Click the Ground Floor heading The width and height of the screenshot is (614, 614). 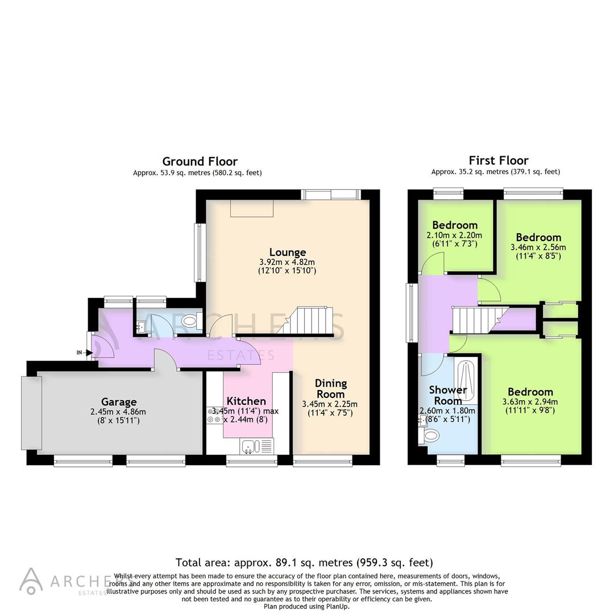(200, 161)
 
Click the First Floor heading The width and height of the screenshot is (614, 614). (498, 160)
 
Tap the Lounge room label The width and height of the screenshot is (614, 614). (288, 252)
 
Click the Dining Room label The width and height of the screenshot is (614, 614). (330, 388)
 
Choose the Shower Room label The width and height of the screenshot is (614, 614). (447, 395)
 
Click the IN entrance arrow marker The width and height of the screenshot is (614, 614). (84, 352)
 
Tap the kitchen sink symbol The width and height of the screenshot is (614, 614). (249, 446)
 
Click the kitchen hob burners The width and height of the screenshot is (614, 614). (214, 415)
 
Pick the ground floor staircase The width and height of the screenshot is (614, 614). (310, 321)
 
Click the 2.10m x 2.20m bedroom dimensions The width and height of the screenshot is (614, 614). (454, 235)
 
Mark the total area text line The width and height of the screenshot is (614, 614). (304, 562)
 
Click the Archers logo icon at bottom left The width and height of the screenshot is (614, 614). (31, 580)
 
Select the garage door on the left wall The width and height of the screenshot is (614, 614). (29, 412)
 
